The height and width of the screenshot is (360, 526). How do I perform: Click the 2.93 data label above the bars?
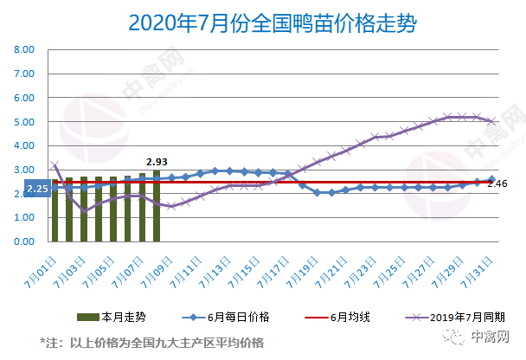pyautogui.click(x=157, y=161)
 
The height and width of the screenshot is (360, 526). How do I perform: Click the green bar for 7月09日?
pyautogui.click(x=157, y=206)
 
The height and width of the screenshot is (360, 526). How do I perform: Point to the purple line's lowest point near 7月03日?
pyautogui.click(x=84, y=211)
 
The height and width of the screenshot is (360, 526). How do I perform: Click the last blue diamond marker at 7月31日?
pyautogui.click(x=491, y=179)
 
